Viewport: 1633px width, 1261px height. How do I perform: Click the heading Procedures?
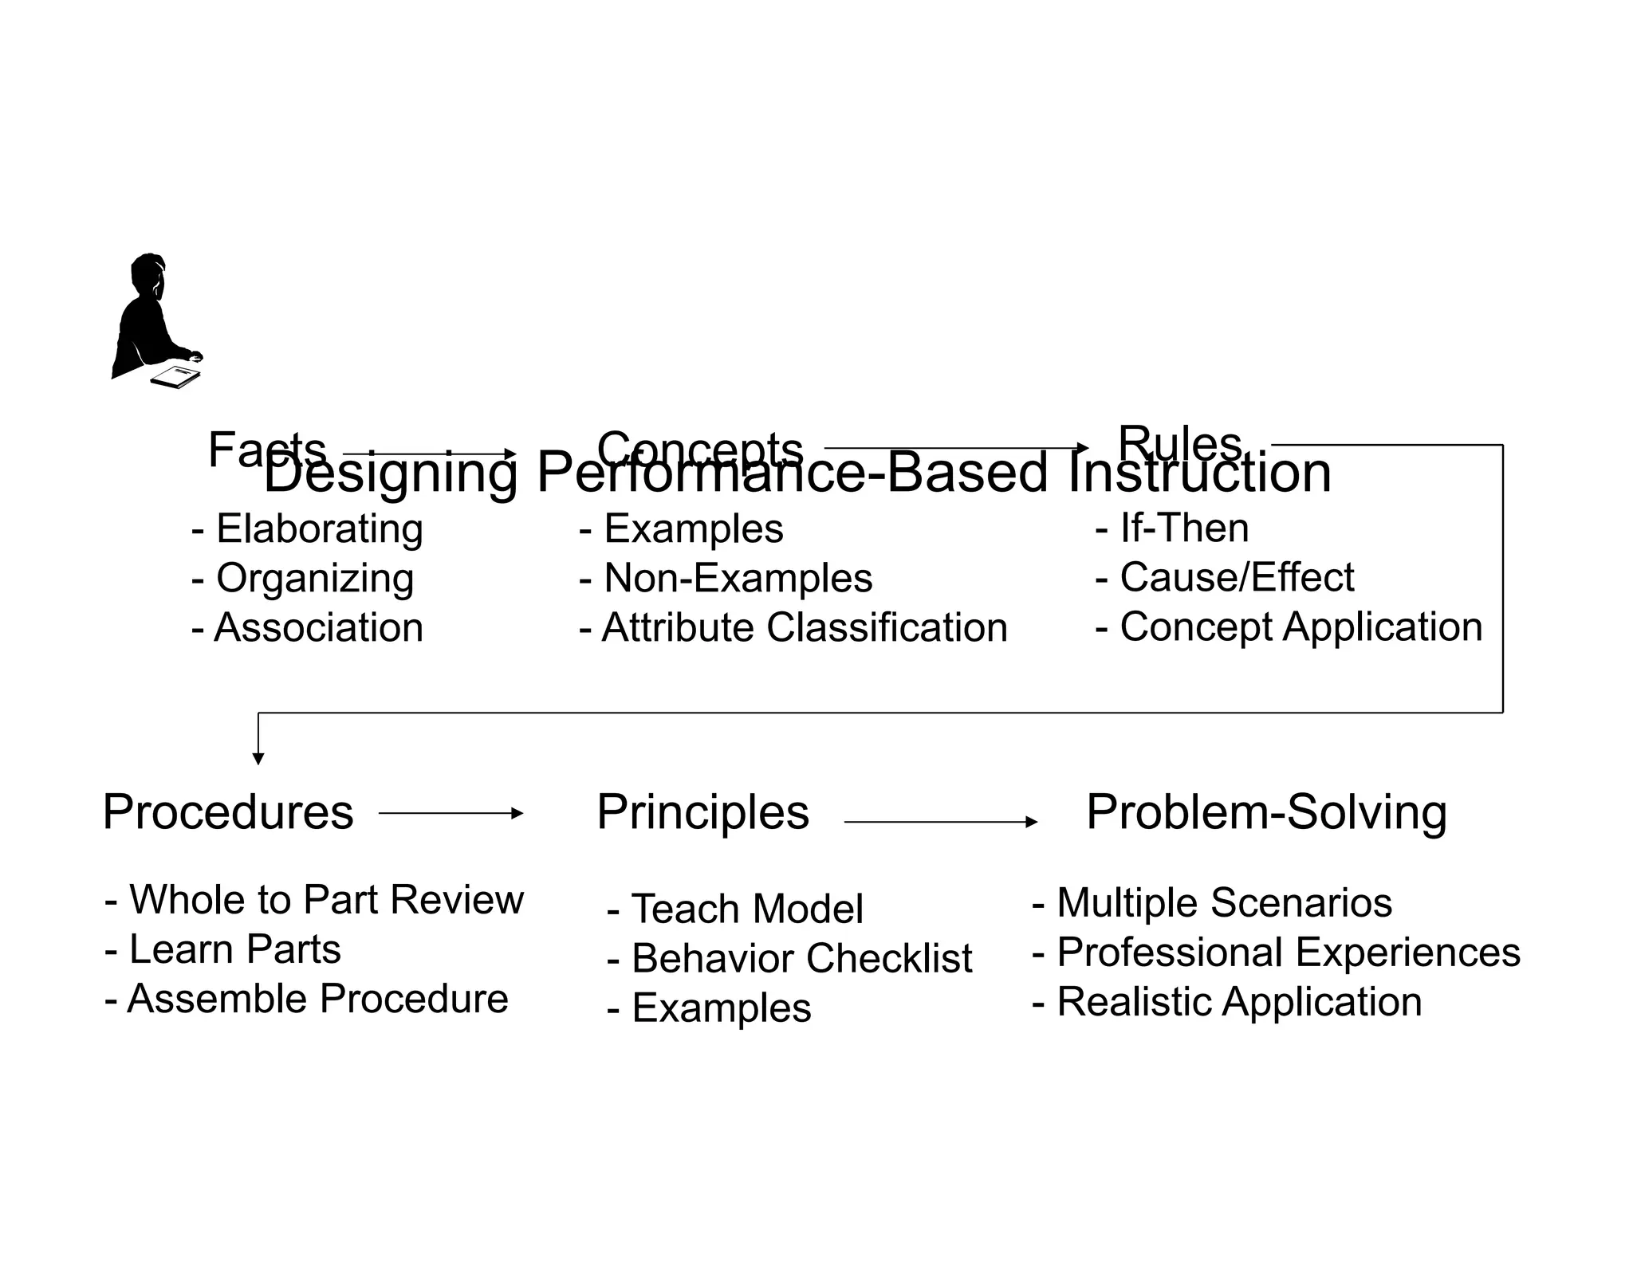(228, 812)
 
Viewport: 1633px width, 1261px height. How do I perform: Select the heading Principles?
(702, 812)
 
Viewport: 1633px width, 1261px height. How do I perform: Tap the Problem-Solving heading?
(1266, 812)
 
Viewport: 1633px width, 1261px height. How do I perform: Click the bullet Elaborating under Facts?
(308, 529)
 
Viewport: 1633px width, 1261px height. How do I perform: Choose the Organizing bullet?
(303, 579)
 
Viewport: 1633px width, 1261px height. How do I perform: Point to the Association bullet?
(308, 627)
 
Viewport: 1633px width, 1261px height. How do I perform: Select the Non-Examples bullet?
(726, 578)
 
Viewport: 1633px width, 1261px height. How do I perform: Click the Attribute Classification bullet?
(793, 627)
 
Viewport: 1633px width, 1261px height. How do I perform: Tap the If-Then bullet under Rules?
(1172, 528)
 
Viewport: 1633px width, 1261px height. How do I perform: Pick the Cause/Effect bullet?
(1225, 577)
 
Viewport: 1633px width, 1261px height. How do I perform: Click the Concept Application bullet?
(1289, 627)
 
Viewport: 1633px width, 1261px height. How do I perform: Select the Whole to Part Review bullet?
(314, 900)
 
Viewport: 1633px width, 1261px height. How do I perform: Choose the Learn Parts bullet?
(223, 949)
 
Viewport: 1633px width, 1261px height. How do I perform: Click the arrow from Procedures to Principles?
(451, 813)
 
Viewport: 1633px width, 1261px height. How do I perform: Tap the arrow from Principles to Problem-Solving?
(941, 821)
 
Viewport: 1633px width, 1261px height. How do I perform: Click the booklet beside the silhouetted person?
(176, 376)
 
